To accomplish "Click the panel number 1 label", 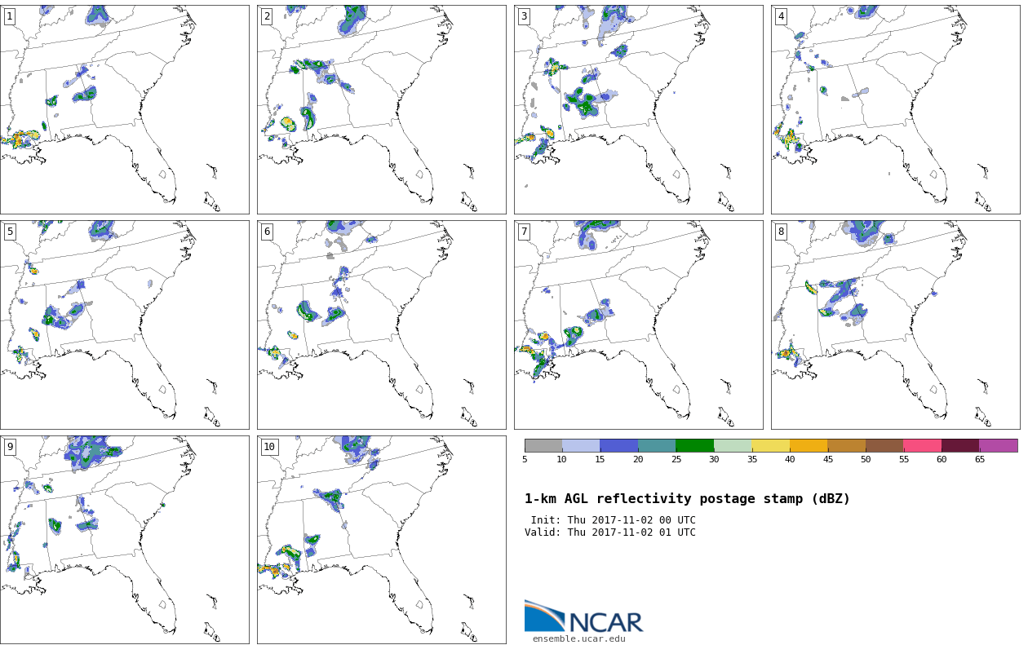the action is (10, 17).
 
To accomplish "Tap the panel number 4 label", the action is (781, 17).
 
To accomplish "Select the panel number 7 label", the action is (524, 232).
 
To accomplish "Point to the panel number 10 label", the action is (269, 447).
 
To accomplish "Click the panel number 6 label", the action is (267, 232).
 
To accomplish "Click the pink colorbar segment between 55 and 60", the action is (922, 445).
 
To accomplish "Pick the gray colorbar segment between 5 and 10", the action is (543, 445).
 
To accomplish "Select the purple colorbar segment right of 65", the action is (998, 445).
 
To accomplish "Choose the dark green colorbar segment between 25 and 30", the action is (694, 445).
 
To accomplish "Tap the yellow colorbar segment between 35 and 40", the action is (770, 445).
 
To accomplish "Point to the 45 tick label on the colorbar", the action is (828, 459).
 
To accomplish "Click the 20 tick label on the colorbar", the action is (638, 459).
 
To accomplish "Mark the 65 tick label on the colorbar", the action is (979, 459).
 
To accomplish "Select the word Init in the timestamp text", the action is (546, 520).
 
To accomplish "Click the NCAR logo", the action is (583, 616).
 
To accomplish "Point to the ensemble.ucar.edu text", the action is (578, 638).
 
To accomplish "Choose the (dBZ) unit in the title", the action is (831, 499).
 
